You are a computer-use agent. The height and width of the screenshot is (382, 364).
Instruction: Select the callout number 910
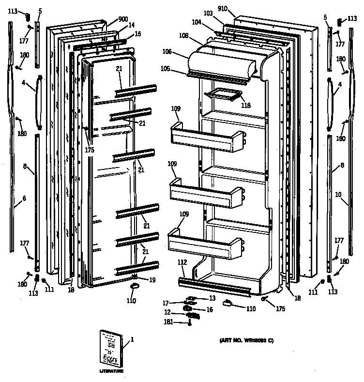[236, 9]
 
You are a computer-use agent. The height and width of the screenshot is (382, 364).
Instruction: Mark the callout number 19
[152, 279]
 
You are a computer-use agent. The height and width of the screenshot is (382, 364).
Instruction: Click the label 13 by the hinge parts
[212, 298]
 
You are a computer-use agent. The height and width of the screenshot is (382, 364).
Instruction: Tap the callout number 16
[210, 309]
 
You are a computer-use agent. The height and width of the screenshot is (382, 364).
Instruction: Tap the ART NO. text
[243, 340]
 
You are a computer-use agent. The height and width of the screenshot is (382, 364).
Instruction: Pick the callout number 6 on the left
[24, 198]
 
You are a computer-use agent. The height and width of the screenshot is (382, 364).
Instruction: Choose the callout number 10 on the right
[338, 195]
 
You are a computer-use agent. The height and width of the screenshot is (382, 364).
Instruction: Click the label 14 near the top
[131, 25]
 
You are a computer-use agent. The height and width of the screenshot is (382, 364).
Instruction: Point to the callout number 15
[138, 33]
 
